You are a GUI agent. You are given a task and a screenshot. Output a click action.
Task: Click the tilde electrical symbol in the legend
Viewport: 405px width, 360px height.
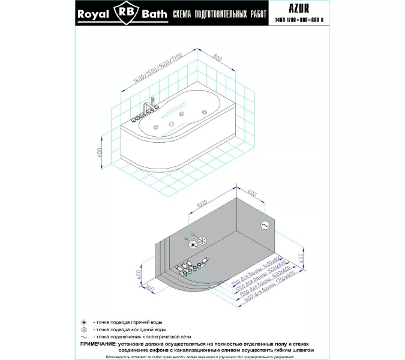pyautogui.click(x=84, y=337)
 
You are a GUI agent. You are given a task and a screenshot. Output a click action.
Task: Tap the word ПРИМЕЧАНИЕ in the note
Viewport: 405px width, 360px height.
pyautogui.click(x=100, y=344)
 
